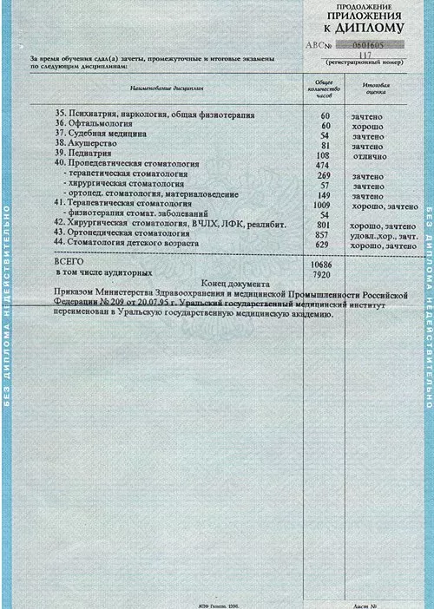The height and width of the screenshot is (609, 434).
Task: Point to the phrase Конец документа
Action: [234, 284]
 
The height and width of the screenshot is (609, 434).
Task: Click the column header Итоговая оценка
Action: [376, 90]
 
